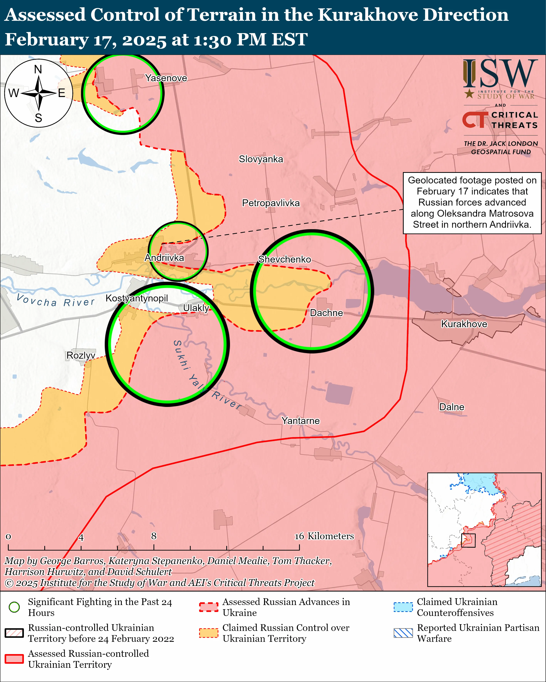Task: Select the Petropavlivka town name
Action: pyautogui.click(x=271, y=203)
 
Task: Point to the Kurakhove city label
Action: pyautogui.click(x=464, y=324)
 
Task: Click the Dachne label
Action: pyautogui.click(x=326, y=313)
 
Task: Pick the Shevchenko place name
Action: pyautogui.click(x=284, y=259)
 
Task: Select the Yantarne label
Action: pyautogui.click(x=300, y=421)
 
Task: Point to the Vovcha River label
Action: pyautogui.click(x=55, y=300)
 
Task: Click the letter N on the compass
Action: pyautogui.click(x=38, y=69)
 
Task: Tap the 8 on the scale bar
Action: pyautogui.click(x=154, y=536)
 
